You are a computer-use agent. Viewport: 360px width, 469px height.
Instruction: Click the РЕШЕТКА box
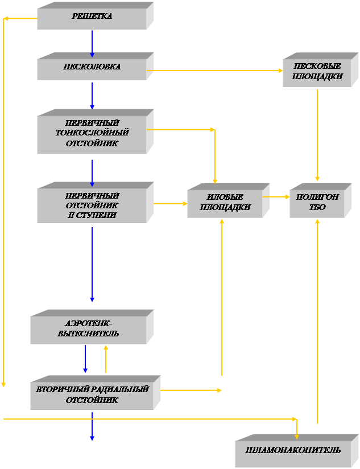pos(92,17)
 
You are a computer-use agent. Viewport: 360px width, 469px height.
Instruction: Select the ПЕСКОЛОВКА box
pos(92,67)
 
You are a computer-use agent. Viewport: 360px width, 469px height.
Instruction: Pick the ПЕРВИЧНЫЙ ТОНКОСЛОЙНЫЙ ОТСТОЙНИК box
pos(92,133)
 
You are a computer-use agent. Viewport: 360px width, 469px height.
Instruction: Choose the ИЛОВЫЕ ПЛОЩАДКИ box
pos(225,203)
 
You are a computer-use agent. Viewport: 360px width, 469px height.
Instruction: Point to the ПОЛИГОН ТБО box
pos(317,203)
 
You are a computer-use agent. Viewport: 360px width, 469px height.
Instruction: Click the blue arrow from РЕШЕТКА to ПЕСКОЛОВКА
pos(92,43)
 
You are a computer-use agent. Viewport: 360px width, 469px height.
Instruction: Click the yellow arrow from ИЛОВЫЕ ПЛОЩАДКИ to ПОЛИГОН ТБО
pos(276,197)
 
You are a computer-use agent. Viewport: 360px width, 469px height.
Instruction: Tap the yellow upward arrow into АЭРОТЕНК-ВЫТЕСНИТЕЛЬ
pos(106,359)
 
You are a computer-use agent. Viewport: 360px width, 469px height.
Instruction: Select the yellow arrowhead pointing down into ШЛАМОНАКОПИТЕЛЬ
pos(296,435)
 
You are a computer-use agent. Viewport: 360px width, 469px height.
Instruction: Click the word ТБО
pos(317,208)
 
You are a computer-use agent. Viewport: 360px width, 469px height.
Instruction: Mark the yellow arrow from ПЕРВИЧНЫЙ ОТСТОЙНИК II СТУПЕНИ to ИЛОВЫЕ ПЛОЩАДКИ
pos(171,203)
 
